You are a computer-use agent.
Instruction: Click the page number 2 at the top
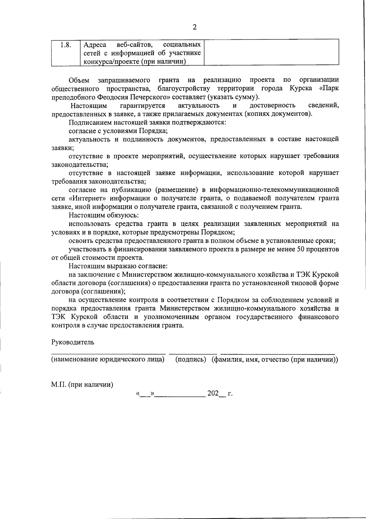pos(195,27)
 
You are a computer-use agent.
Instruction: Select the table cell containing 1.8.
pos(65,45)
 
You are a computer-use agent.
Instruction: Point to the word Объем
pos(79,80)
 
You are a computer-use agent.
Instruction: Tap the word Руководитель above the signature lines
pos(73,342)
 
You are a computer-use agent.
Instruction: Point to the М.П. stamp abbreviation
pos(59,385)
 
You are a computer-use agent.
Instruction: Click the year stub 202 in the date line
pos(213,393)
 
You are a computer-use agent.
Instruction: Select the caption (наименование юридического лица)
pos(108,359)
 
